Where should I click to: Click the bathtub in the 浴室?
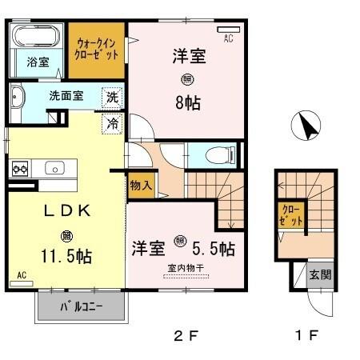[36, 37]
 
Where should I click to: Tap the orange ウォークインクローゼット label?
[96, 49]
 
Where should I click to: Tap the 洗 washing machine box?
[113, 98]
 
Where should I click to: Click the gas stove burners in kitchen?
[19, 169]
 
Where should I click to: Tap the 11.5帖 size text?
[67, 256]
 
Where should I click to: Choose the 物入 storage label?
[141, 185]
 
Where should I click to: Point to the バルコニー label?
[82, 307]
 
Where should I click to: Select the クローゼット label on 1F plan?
[290, 215]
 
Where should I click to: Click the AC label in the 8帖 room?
[228, 38]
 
